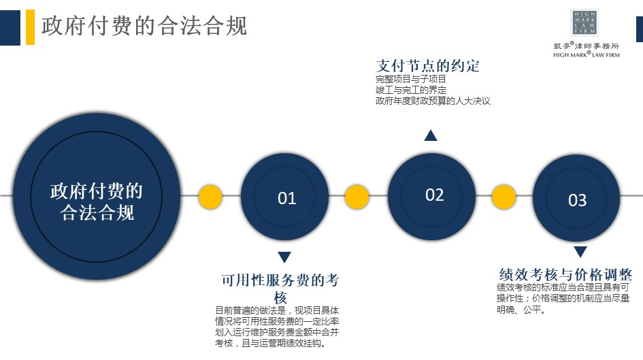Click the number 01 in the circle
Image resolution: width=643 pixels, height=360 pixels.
pos(286,199)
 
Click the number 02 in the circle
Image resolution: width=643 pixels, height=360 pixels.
pos(434,195)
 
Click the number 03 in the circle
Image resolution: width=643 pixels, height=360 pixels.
pos(578,200)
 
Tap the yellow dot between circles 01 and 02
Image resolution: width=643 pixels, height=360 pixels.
pos(357,197)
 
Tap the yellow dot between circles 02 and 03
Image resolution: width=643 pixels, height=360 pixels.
pos(504,197)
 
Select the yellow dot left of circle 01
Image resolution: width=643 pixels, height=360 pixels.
pos(210,197)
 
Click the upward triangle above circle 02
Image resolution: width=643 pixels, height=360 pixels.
pos(431,135)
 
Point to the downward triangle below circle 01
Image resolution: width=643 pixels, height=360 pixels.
pos(284,257)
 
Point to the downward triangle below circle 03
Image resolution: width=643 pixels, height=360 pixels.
pos(580,251)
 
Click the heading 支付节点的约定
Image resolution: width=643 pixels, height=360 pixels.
pos(428,65)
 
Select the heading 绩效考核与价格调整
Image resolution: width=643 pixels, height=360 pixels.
pos(565,274)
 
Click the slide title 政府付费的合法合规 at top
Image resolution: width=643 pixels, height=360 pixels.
pos(144,26)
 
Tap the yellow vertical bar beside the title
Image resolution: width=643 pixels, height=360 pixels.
pos(31,27)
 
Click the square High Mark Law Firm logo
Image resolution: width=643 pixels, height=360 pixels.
pos(584,22)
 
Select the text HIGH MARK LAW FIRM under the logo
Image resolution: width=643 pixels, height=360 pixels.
pos(587,54)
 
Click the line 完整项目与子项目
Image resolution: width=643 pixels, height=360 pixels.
pos(410,79)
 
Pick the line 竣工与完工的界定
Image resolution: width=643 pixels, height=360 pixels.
pos(411,90)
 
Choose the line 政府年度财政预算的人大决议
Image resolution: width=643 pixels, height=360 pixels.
pos(433,101)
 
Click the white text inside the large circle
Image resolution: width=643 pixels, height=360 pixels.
pos(97,201)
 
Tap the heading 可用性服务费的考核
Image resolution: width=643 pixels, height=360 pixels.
pos(280,289)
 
